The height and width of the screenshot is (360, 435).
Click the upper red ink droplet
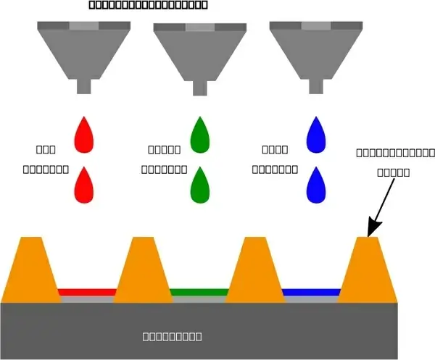click(x=85, y=135)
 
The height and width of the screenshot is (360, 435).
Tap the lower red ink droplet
click(x=85, y=185)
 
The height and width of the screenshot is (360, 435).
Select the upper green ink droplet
click(x=199, y=135)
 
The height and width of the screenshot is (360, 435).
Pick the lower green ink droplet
click(x=199, y=185)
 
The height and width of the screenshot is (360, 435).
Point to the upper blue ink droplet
click(x=315, y=135)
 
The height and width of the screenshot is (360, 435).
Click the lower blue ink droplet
click(x=315, y=185)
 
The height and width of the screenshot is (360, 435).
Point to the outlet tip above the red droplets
click(x=84, y=86)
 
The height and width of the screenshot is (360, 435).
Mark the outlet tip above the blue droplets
click(x=315, y=86)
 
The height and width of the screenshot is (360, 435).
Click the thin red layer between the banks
click(x=87, y=293)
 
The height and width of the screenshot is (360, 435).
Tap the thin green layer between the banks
click(x=199, y=293)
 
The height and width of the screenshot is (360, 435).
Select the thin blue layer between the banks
click(x=311, y=293)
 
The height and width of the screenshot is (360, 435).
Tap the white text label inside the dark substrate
click(x=172, y=336)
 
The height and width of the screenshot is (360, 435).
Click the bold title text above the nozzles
click(x=148, y=5)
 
